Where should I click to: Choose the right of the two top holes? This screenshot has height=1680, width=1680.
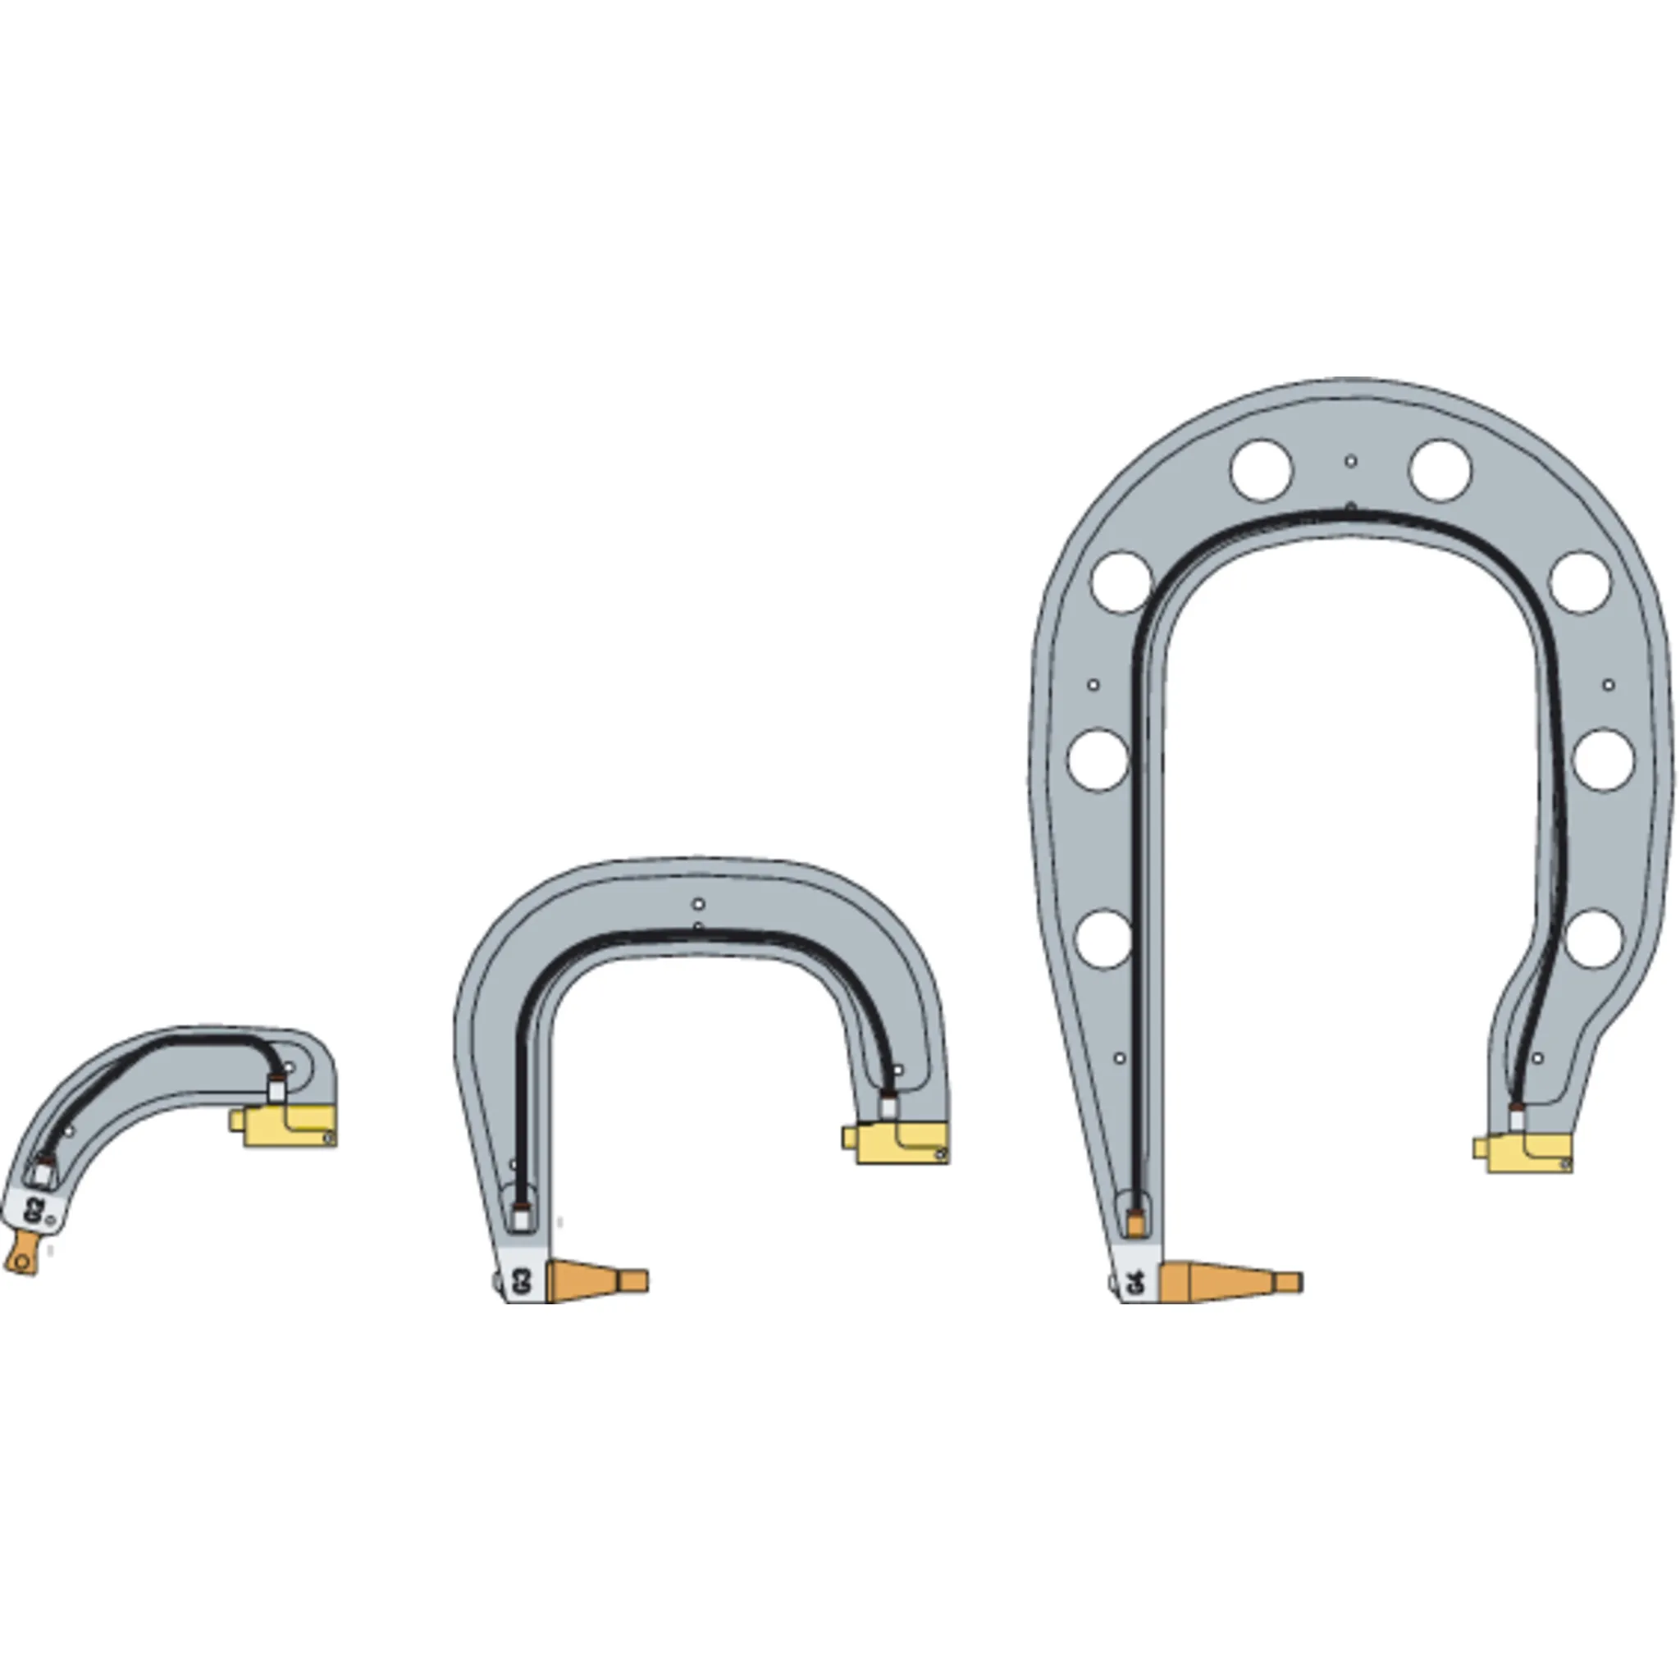(1440, 469)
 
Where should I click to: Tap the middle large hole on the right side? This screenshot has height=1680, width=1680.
(1604, 760)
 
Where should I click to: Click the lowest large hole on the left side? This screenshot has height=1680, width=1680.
(1103, 939)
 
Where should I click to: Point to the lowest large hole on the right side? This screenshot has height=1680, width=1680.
(1594, 938)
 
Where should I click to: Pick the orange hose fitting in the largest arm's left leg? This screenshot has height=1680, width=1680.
(1135, 1222)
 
